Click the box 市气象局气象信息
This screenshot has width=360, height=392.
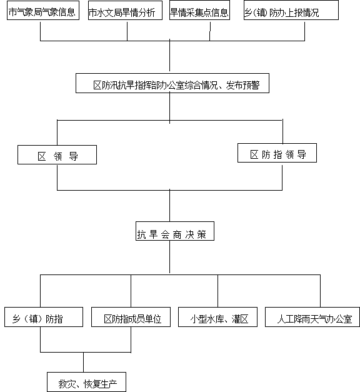click(43, 10)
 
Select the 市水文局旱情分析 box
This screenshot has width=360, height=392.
click(125, 10)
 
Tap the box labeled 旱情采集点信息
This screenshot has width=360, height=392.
click(199, 10)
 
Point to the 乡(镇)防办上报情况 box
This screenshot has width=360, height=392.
click(291, 10)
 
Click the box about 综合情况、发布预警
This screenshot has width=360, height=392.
click(172, 83)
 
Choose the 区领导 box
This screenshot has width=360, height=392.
click(57, 155)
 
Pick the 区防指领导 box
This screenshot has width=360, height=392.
click(277, 153)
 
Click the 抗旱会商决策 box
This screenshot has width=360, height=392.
click(175, 231)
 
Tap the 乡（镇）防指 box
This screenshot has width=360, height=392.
click(44, 317)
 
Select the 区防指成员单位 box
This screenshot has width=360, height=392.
click(131, 317)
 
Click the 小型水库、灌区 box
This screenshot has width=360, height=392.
click(217, 317)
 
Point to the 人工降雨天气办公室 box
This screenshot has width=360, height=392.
click(312, 317)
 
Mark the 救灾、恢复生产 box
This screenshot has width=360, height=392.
click(86, 382)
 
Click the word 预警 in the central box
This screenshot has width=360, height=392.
click(251, 85)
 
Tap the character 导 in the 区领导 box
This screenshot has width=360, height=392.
click(74, 156)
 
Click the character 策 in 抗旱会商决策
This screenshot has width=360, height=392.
click(201, 234)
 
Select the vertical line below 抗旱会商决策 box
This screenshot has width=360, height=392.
click(170, 257)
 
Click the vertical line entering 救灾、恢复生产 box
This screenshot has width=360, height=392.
click(84, 362)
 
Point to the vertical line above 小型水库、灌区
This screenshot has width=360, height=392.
click(217, 291)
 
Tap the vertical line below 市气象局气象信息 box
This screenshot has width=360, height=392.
click(40, 31)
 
